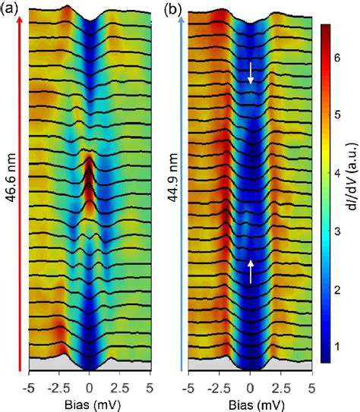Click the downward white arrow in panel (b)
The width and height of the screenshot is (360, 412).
click(250, 73)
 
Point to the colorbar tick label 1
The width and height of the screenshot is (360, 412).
click(339, 345)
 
